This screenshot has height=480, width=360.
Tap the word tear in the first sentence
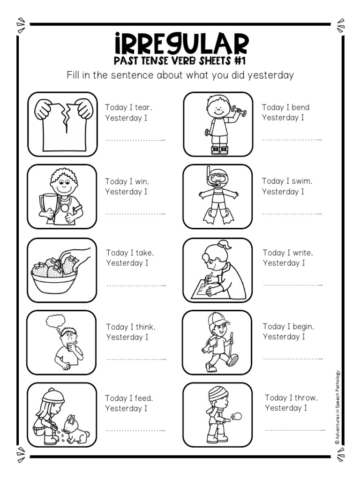tap(142, 107)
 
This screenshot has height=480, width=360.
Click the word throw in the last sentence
tap(306, 398)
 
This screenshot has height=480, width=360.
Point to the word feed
tap(143, 398)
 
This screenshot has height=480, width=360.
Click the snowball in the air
tap(237, 416)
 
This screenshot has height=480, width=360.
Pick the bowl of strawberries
tap(54, 277)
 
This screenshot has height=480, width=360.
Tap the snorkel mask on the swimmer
tap(218, 179)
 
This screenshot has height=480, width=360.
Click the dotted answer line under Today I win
tap(135, 214)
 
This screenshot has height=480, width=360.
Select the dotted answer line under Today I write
tap(292, 285)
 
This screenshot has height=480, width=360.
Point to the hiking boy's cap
tap(218, 320)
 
